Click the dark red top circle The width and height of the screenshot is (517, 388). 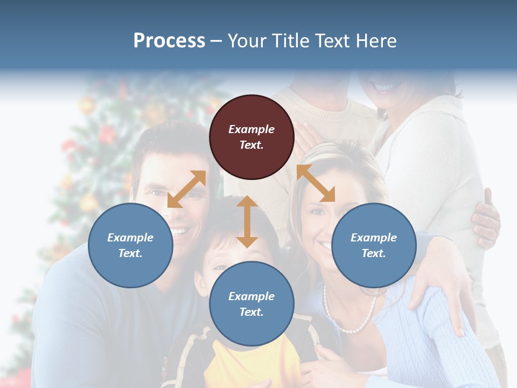click(251, 137)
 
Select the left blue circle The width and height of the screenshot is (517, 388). click(130, 245)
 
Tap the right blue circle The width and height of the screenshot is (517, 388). click(374, 245)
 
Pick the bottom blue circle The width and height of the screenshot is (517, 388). click(251, 304)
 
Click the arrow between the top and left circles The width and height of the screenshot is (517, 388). click(186, 189)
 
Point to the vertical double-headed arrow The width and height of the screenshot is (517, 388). click(247, 221)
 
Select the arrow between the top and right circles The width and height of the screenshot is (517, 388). click(316, 183)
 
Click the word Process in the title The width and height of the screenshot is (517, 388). click(169, 40)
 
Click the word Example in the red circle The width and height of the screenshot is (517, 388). click(251, 129)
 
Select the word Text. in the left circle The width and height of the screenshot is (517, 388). click(130, 253)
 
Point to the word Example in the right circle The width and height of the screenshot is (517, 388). click(374, 238)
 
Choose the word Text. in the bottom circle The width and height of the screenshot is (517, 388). click(251, 312)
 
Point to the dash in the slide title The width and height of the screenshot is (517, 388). click(216, 41)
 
